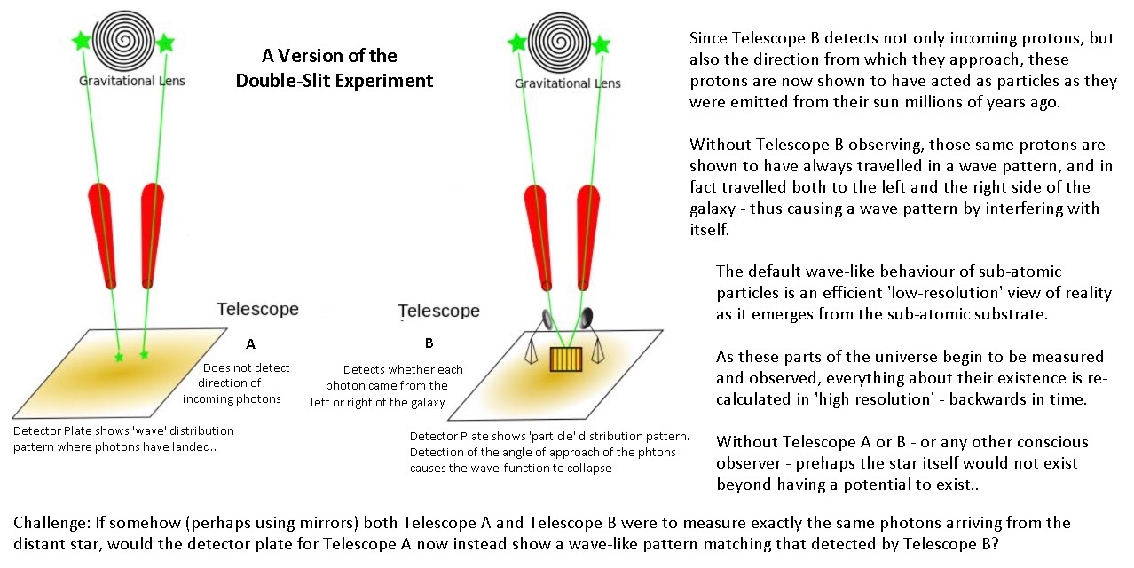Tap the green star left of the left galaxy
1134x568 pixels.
[82, 40]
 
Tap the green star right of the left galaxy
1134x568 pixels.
[165, 43]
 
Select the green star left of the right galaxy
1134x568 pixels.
[516, 42]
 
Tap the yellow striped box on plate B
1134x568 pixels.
[562, 359]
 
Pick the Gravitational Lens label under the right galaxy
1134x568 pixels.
[568, 83]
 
